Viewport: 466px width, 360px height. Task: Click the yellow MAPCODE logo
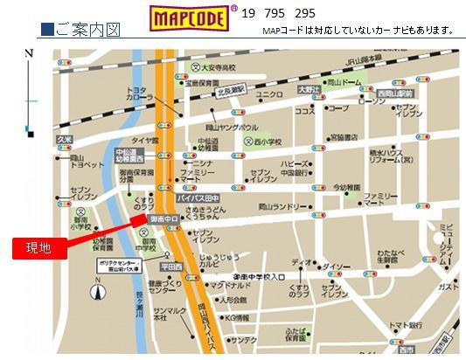[x=186, y=16]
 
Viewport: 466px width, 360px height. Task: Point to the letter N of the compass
[x=30, y=54]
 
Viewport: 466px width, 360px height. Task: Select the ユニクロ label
[x=269, y=94]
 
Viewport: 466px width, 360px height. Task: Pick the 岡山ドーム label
[x=344, y=82]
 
